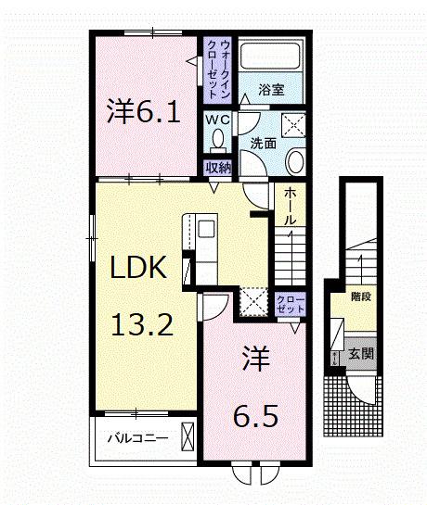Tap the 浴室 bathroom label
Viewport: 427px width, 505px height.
pyautogui.click(x=270, y=91)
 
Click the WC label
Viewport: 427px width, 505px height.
pyautogui.click(x=218, y=120)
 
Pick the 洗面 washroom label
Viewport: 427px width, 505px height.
pyautogui.click(x=262, y=144)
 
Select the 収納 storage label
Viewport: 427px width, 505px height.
pyautogui.click(x=218, y=168)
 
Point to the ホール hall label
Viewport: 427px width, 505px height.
pyautogui.click(x=290, y=206)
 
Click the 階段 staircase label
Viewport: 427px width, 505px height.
pyautogui.click(x=360, y=297)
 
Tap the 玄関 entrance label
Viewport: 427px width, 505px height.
pyautogui.click(x=361, y=353)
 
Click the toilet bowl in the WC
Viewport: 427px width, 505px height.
pyautogui.click(x=218, y=141)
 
